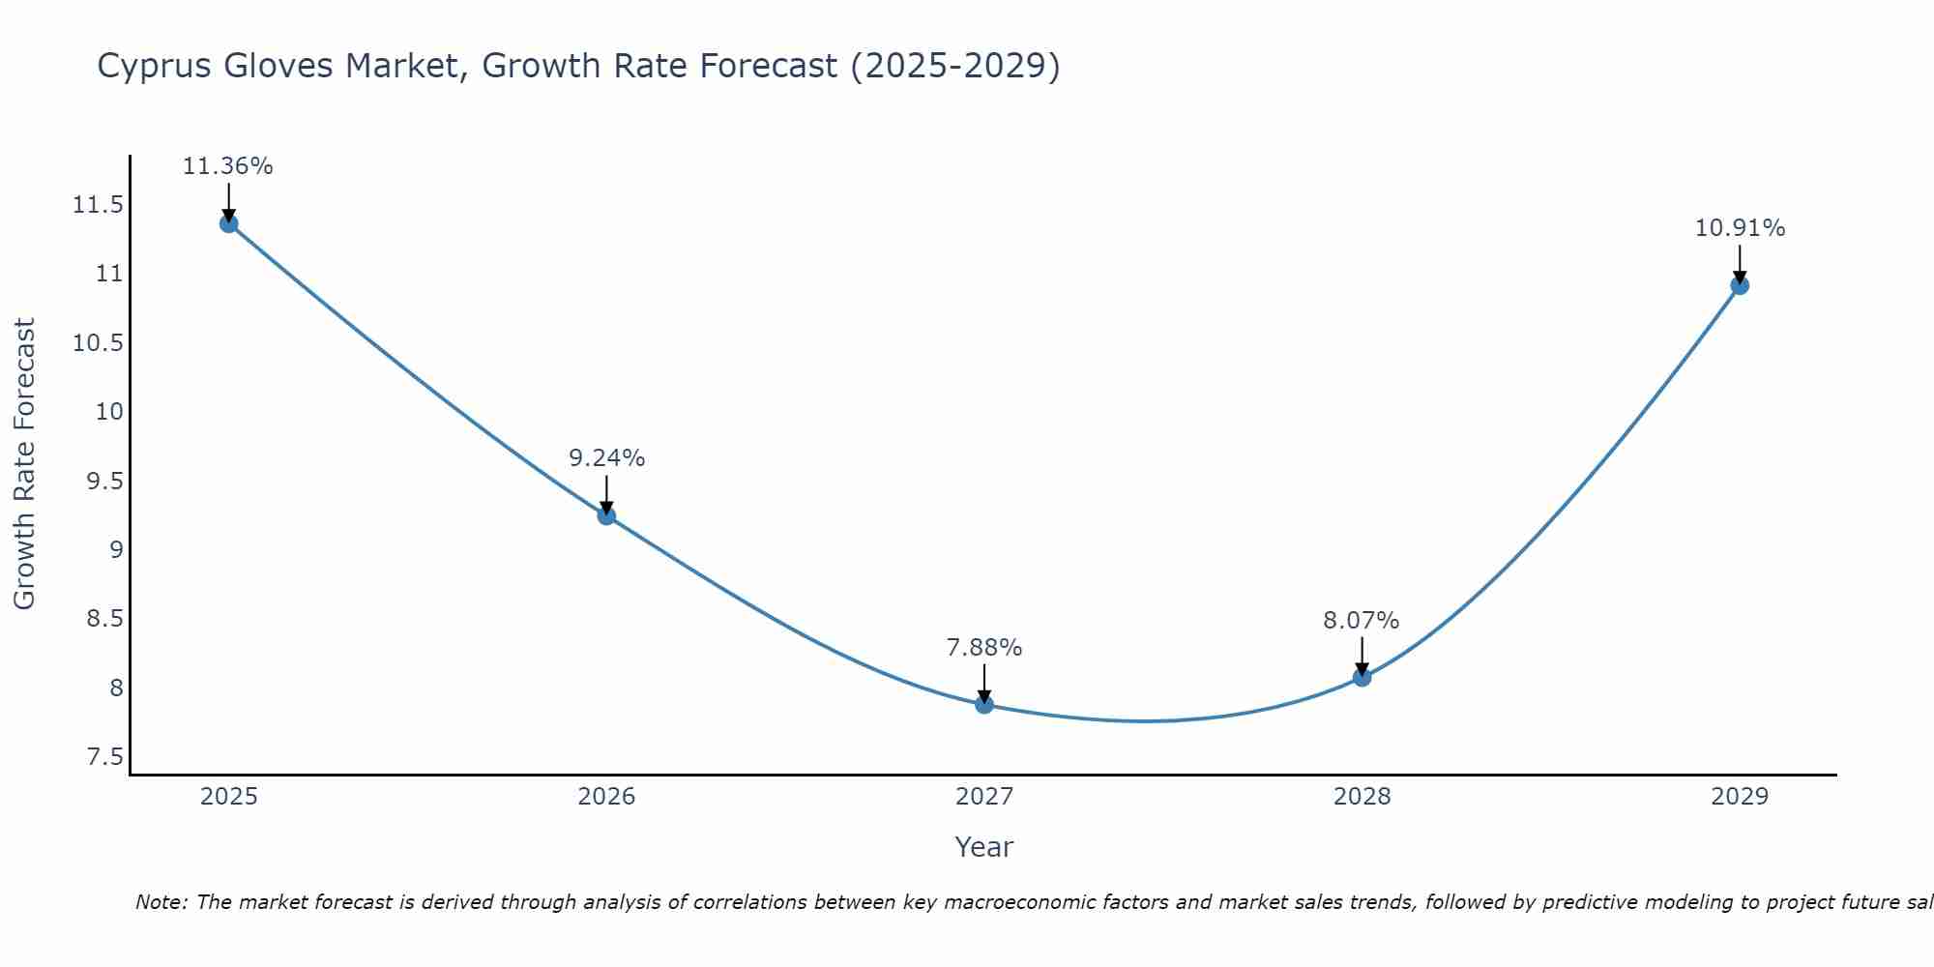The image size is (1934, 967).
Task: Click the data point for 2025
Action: pos(228,223)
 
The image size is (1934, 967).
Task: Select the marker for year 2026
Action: pos(606,515)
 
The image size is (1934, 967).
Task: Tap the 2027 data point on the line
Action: pos(984,704)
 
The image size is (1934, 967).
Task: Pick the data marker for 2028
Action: pos(1362,677)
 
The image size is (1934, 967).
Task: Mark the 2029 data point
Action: pos(1740,285)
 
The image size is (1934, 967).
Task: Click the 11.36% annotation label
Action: pos(228,166)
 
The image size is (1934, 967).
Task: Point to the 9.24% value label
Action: pos(606,458)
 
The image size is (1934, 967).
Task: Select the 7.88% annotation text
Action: pos(984,647)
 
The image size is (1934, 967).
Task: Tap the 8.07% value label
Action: pos(1362,620)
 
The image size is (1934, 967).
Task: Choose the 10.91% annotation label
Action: pos(1740,228)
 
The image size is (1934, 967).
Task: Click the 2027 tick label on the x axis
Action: pos(984,797)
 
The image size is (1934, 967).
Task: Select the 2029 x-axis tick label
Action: pos(1740,797)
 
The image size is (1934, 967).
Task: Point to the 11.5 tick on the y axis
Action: pos(98,205)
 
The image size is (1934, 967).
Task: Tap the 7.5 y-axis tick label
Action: pos(105,756)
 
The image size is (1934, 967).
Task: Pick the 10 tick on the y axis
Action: pos(110,412)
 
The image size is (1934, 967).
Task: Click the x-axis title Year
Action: pos(984,847)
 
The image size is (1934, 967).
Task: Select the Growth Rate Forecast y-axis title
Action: pos(24,463)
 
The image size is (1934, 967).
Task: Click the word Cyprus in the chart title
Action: pos(155,67)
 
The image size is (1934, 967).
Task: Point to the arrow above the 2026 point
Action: pos(606,493)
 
